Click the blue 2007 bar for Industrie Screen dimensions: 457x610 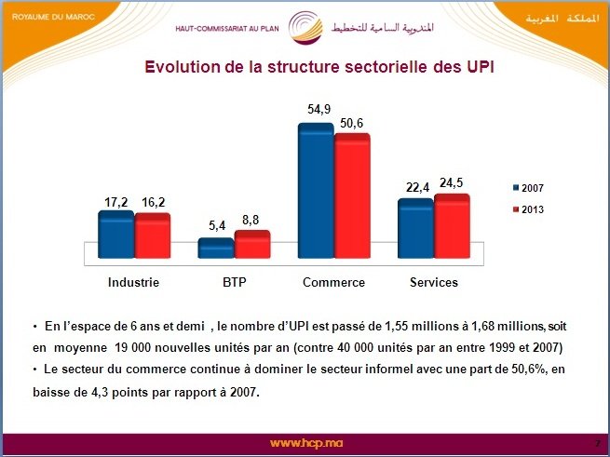[x=116, y=235]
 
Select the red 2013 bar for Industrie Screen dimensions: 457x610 [x=152, y=235]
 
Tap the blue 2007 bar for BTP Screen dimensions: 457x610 [x=216, y=249]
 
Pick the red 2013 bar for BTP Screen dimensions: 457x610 [x=251, y=244]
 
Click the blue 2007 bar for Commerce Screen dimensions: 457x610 [x=316, y=191]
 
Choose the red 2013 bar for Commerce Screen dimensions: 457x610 [x=352, y=195]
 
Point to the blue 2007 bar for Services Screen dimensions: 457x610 [x=415, y=228]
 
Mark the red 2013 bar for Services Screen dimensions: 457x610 [x=452, y=226]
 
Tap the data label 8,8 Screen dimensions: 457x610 [x=252, y=220]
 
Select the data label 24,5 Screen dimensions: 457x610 [x=454, y=182]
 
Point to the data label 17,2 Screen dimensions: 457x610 [x=116, y=200]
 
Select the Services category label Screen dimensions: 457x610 [x=434, y=282]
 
